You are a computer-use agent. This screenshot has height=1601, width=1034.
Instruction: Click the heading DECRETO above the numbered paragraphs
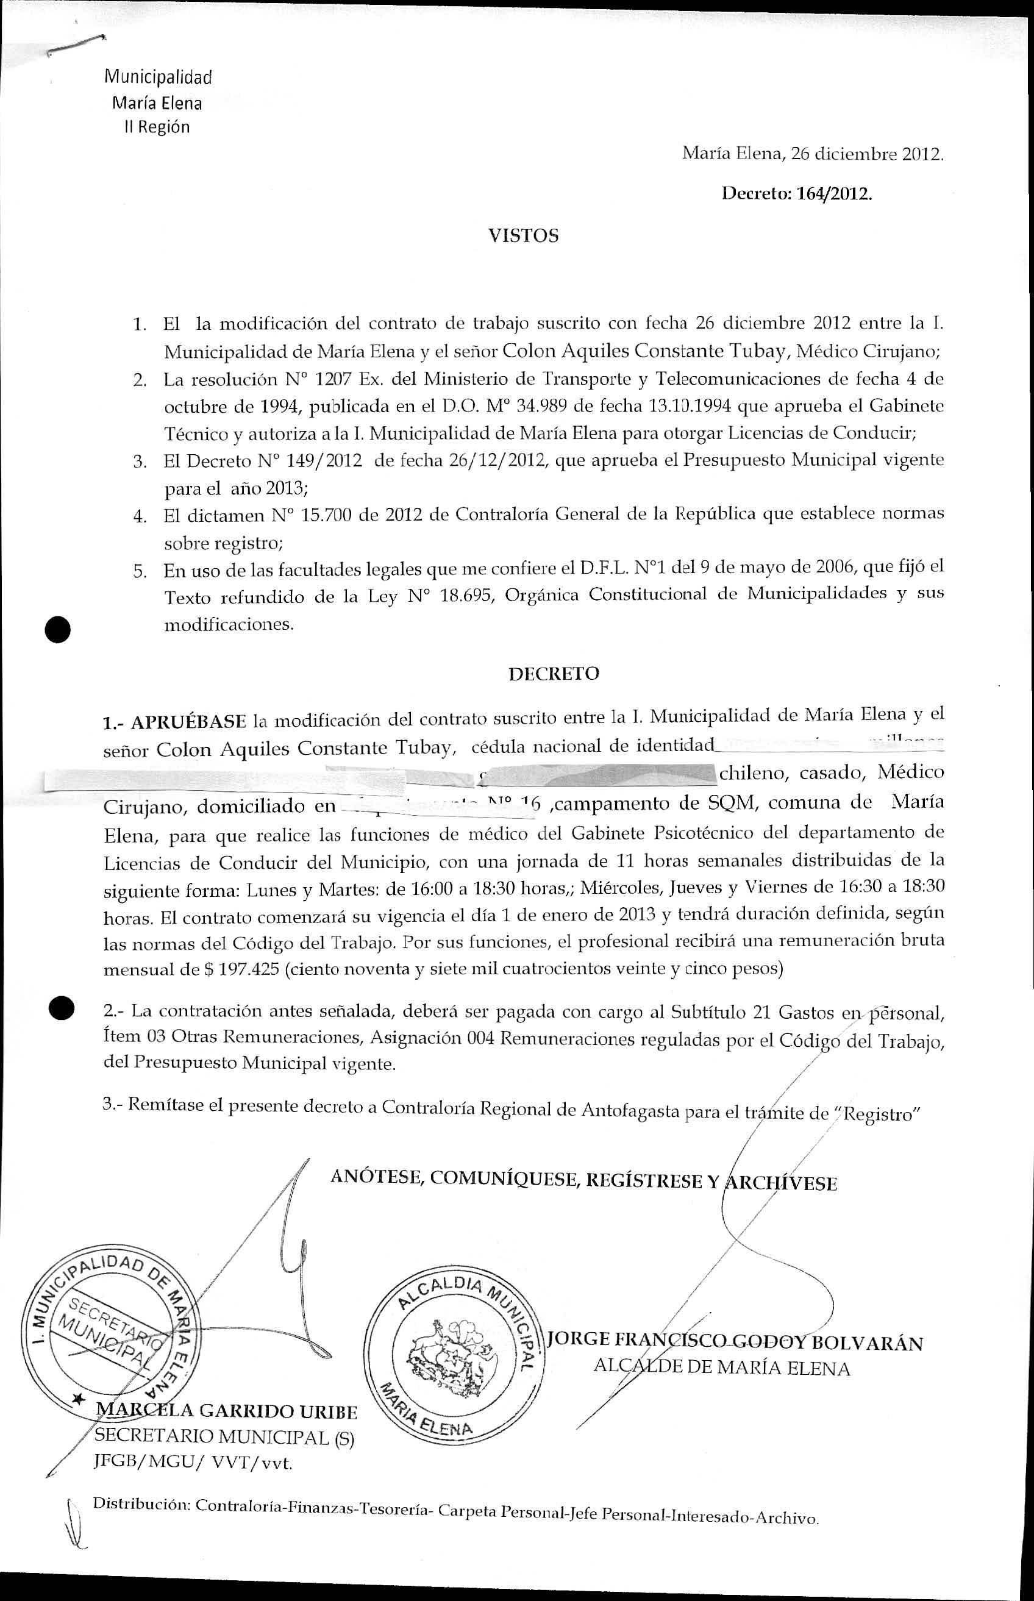(553, 674)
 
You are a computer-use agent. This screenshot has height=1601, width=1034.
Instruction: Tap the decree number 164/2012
(834, 194)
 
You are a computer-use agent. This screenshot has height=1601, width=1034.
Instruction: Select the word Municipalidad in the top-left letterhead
(158, 77)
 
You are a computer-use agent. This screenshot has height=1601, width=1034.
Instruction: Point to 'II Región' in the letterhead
(157, 127)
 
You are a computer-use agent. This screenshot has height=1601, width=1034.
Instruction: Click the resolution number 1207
(333, 379)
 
